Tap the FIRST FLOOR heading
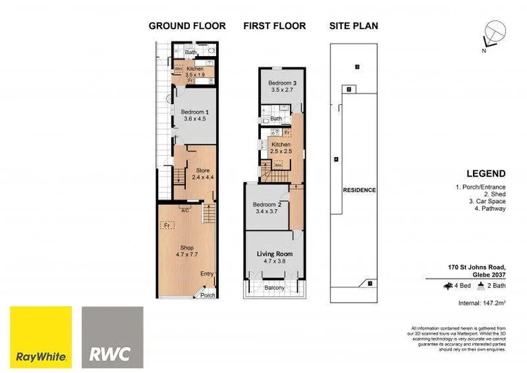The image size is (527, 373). coord(274,26)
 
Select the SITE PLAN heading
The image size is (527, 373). coord(353,26)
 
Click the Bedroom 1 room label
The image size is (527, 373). coord(195,112)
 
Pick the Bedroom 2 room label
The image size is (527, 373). coord(267,205)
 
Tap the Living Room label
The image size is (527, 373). coord(274,255)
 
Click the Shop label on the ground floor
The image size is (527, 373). coord(187,248)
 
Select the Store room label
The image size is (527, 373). coord(202,171)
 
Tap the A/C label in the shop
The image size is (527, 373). coord(184,209)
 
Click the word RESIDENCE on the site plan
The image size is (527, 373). coord(359,190)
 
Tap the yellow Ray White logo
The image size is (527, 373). coord(41,337)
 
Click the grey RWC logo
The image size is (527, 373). coord(112,337)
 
